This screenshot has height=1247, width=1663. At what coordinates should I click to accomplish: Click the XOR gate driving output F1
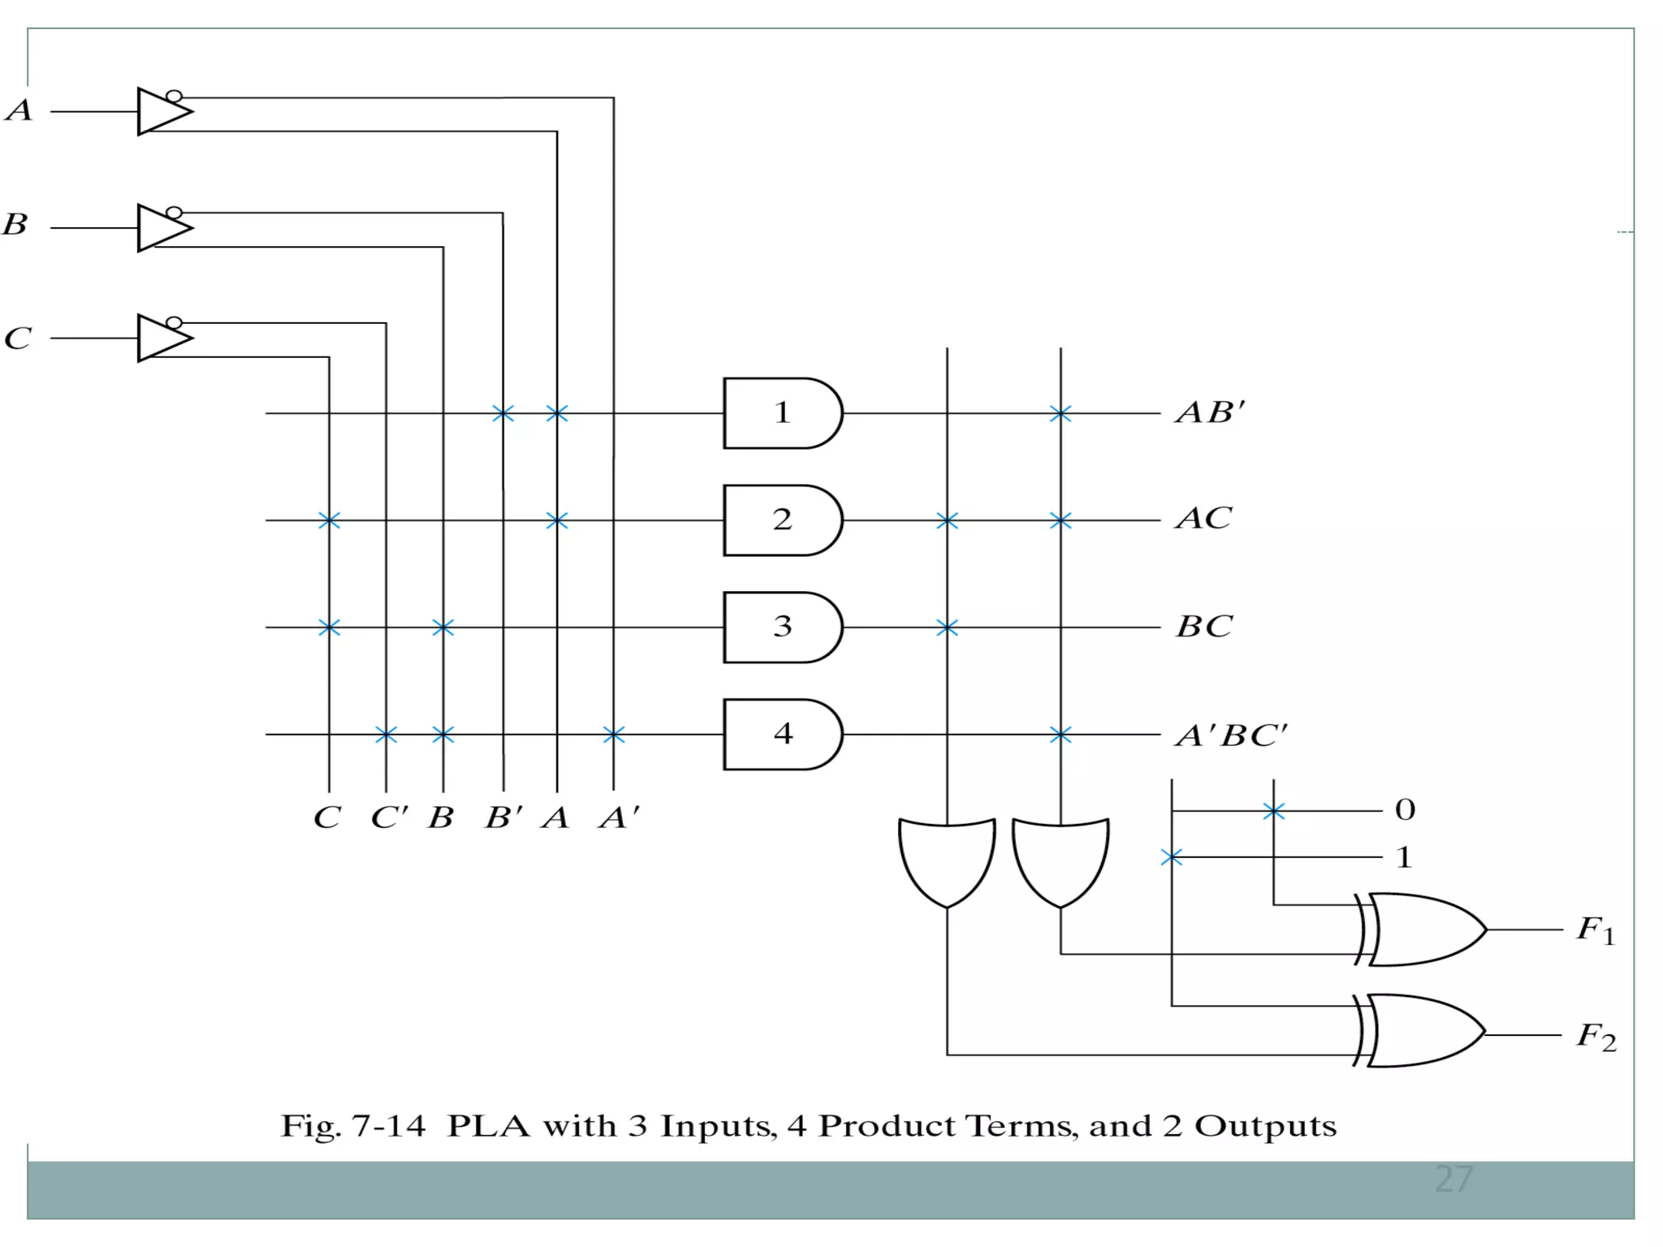coord(1425,930)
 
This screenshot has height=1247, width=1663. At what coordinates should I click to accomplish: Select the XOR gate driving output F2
coord(1425,1031)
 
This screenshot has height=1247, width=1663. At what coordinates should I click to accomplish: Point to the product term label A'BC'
coord(1230,736)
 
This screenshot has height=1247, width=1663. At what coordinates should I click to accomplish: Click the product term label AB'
coord(1210,412)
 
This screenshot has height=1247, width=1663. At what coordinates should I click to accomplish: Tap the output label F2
coord(1596,1037)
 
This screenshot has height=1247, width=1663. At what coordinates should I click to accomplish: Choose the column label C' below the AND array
coord(389,817)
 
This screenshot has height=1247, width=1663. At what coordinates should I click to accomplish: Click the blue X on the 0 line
coord(1273,810)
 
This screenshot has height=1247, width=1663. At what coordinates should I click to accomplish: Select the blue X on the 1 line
coord(1171,857)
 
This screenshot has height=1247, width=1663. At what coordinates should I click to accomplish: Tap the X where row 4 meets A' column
coord(614,735)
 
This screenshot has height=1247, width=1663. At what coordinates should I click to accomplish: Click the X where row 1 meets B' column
coord(503,413)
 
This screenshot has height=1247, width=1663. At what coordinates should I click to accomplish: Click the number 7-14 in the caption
coord(388,1126)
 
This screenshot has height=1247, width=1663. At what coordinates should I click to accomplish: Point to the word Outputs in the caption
coord(1264,1126)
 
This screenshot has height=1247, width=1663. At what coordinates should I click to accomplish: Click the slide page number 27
coord(1454,1179)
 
